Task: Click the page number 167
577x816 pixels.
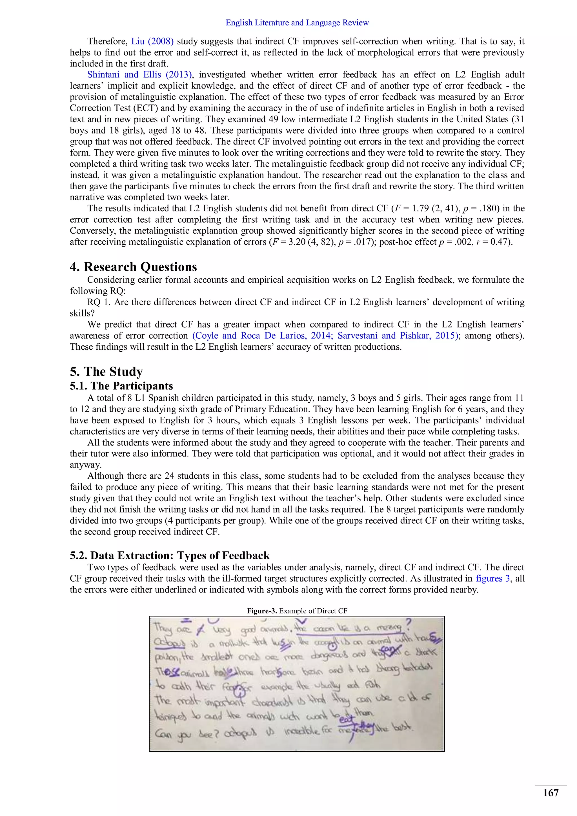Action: [x=550, y=793]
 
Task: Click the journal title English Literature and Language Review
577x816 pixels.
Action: [x=297, y=23]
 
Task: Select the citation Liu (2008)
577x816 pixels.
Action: [x=152, y=41]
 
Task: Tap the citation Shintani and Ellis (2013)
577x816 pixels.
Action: [x=140, y=75]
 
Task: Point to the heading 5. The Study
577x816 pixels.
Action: [x=106, y=371]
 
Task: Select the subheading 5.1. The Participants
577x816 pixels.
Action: [x=121, y=386]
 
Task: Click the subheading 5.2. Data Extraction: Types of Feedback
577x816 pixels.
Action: [x=170, y=555]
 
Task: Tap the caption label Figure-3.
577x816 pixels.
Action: [x=262, y=611]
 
